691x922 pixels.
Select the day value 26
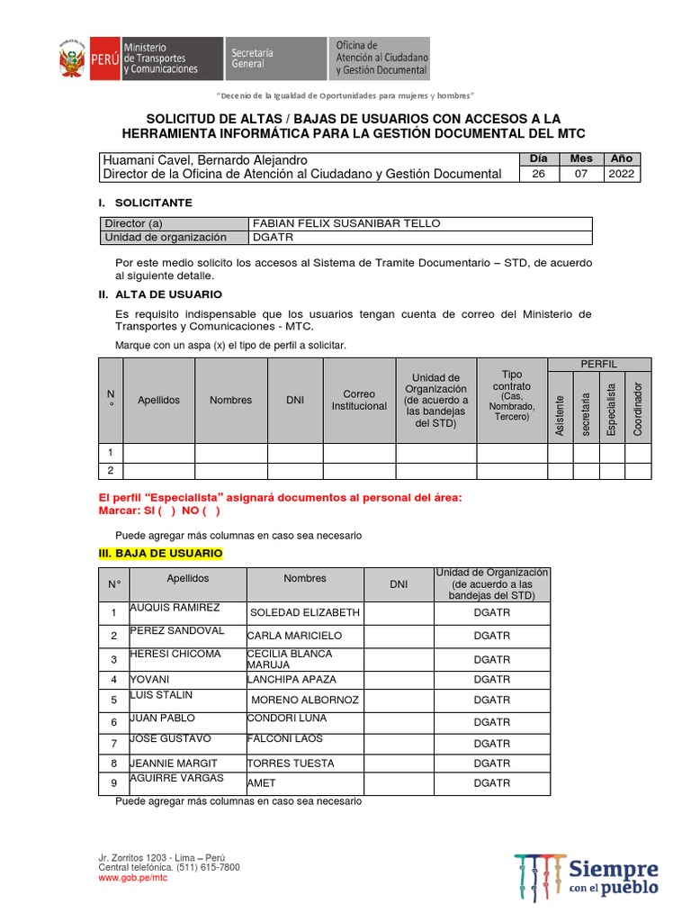pos(538,174)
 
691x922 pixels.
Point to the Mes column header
pos(581,158)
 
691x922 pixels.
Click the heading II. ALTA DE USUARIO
pos(159,294)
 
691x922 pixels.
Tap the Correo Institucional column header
pos(359,400)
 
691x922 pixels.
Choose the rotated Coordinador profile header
pos(638,409)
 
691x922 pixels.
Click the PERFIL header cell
pos(598,364)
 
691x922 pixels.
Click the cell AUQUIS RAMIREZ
pos(175,608)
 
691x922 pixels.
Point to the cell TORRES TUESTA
pos(291,763)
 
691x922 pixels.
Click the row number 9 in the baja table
pos(113,783)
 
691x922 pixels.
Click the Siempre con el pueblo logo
pos(587,874)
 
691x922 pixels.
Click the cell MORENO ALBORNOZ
pos(304,700)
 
